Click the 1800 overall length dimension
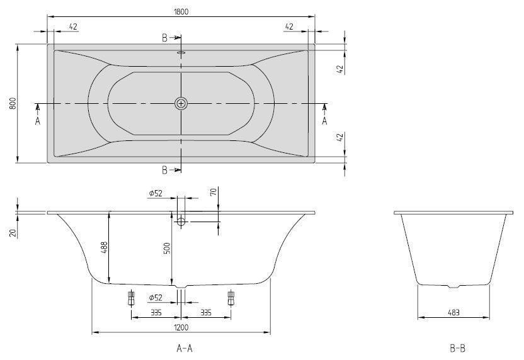point(181,11)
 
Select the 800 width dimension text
point(11,104)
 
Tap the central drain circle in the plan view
point(181,104)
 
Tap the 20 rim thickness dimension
point(12,232)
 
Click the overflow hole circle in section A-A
point(181,222)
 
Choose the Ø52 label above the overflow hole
point(156,193)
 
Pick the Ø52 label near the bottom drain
point(156,298)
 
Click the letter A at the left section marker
point(38,120)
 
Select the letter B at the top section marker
point(165,38)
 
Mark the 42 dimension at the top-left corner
point(72,26)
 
